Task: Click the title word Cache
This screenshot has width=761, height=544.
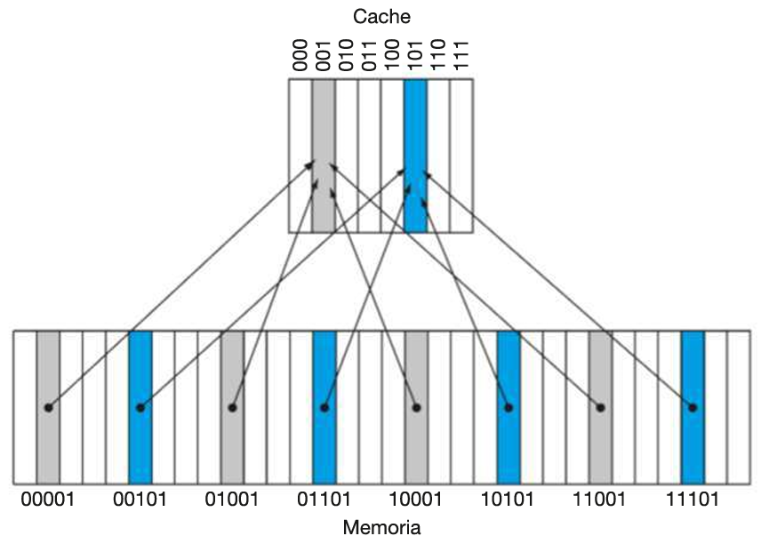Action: tap(381, 16)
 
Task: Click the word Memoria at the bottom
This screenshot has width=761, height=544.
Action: tap(381, 527)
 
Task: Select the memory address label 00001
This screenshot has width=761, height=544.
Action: tap(49, 500)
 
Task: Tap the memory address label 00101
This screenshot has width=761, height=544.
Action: tap(140, 500)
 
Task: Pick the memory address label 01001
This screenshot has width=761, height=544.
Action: tap(233, 500)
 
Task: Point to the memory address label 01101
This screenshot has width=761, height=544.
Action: tap(324, 500)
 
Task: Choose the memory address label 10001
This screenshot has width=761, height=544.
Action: tap(417, 500)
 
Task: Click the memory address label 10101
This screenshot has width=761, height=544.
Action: tap(509, 500)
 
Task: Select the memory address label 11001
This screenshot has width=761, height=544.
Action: tap(601, 500)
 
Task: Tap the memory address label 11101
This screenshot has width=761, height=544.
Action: tap(693, 500)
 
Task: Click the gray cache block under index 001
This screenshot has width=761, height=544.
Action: tap(324, 156)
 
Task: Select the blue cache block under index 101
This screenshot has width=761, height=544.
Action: tap(415, 156)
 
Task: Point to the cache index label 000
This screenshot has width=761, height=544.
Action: tap(300, 55)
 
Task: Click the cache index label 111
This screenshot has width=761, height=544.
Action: tap(461, 55)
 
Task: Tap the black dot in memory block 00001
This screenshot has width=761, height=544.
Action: tap(48, 407)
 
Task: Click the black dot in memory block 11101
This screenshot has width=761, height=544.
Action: tap(693, 407)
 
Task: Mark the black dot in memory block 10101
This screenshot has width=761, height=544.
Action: tap(509, 407)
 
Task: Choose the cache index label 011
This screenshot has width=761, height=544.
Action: tap(370, 55)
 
